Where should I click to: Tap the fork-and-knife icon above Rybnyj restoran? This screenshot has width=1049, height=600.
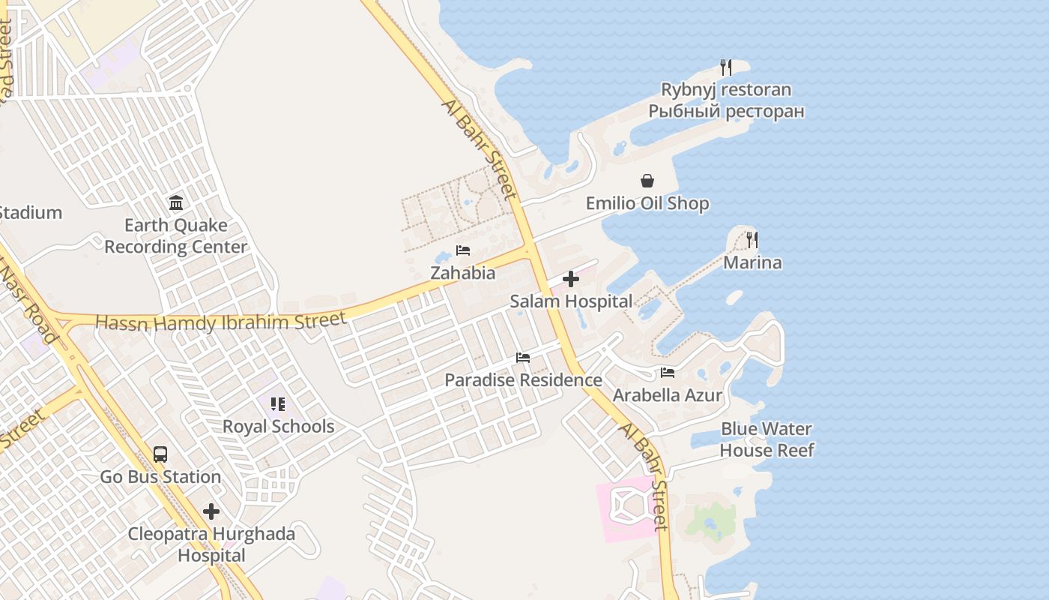click(x=725, y=67)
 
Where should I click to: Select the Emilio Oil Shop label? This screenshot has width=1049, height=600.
click(x=647, y=203)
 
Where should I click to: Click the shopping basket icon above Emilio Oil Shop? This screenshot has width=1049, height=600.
click(x=647, y=181)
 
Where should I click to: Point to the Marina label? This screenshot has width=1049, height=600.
click(x=752, y=262)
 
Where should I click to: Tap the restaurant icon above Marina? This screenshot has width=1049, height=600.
click(x=752, y=240)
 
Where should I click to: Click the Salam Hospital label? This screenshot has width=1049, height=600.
click(x=571, y=301)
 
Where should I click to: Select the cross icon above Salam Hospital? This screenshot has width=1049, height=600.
click(x=571, y=279)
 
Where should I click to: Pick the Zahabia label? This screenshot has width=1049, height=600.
click(x=462, y=273)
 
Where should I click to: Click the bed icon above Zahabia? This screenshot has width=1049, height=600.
click(x=463, y=250)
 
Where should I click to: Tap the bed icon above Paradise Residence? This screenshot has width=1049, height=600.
click(x=523, y=358)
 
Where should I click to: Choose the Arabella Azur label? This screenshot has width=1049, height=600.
click(x=668, y=395)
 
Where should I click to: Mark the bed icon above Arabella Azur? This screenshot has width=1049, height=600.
click(x=668, y=373)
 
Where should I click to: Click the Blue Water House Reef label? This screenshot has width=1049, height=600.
click(x=767, y=439)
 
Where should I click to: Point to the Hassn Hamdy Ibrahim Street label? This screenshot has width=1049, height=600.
click(x=221, y=322)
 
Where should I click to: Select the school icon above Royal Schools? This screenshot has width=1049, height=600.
click(x=278, y=404)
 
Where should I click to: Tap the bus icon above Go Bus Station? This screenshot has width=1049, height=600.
click(x=160, y=454)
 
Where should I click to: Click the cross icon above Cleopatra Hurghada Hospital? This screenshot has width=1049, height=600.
click(x=211, y=511)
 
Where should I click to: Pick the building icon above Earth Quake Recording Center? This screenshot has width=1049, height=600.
click(x=176, y=202)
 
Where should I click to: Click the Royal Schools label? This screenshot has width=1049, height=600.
click(x=278, y=427)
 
